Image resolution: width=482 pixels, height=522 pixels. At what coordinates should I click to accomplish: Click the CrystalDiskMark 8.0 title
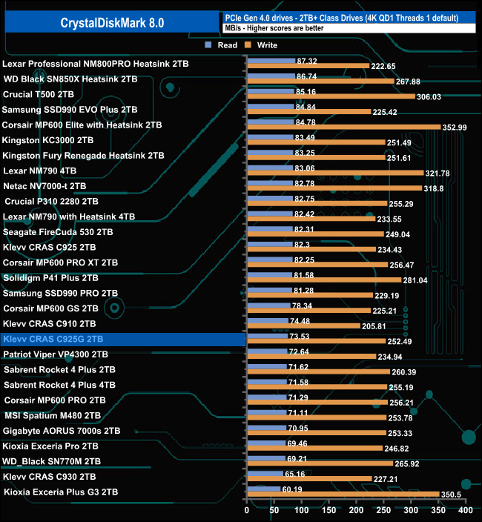113,23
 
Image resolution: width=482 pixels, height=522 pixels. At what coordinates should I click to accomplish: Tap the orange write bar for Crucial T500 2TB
330,96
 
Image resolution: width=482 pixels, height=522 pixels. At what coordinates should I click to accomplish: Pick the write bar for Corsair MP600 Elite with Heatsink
343,127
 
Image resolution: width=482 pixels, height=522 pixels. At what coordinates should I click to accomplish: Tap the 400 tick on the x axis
465,511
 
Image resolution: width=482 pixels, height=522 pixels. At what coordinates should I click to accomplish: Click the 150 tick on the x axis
329,511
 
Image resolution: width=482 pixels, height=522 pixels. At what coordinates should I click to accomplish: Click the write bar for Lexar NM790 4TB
334,173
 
